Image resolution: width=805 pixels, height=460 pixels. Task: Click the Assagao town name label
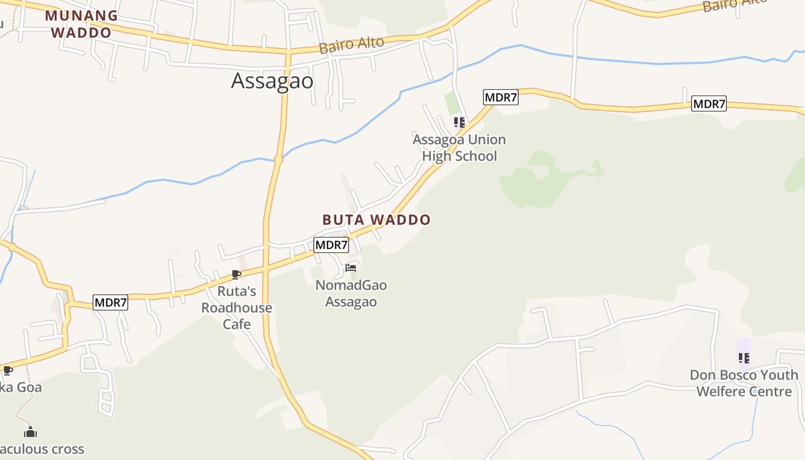click(272, 81)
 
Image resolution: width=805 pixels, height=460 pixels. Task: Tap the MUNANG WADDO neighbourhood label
click(81, 24)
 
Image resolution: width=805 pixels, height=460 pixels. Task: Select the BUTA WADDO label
click(376, 220)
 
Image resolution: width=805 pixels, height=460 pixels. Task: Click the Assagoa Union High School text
click(459, 148)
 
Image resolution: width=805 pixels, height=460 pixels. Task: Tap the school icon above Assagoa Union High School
click(459, 122)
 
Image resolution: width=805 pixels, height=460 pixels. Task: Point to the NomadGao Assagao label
click(351, 293)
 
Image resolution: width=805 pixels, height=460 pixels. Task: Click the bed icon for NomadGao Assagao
click(351, 268)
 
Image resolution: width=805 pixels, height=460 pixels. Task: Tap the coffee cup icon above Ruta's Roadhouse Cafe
click(236, 274)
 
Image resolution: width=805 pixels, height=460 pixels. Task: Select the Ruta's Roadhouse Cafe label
click(237, 308)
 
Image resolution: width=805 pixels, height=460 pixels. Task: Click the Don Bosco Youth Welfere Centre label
click(744, 384)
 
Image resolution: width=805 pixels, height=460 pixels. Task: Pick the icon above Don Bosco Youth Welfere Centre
click(744, 358)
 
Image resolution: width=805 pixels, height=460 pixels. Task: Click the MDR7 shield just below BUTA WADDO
click(331, 244)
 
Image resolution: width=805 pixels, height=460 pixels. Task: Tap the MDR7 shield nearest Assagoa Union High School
click(501, 97)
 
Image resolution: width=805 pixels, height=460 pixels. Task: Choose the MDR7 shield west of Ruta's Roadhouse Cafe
click(110, 302)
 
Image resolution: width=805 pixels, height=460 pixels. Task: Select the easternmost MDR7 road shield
click(709, 104)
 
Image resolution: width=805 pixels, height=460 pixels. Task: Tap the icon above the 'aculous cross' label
click(30, 431)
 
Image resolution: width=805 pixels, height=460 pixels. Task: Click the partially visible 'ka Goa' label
click(21, 387)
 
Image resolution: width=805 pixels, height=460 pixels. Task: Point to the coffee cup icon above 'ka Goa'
click(7, 370)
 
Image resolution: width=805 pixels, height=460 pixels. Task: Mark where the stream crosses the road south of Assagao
click(278, 160)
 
